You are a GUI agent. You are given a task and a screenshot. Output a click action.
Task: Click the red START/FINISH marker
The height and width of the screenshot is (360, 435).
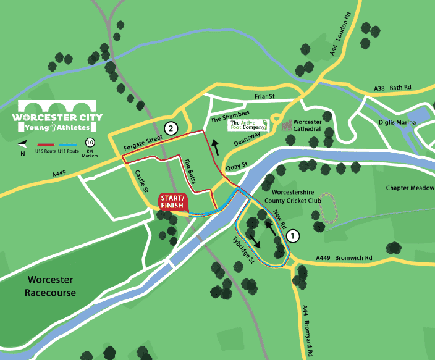click(174, 202)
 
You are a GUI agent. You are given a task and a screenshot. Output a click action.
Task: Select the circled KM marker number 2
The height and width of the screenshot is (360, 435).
click(171, 128)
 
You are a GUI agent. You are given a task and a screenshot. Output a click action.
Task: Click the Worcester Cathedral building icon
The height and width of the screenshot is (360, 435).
click(286, 125)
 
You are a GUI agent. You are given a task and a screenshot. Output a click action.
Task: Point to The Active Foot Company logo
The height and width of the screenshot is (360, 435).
click(249, 125)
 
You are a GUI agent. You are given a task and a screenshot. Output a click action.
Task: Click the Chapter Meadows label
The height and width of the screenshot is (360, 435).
click(410, 188)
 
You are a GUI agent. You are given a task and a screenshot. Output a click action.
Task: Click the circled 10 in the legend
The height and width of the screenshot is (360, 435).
click(90, 143)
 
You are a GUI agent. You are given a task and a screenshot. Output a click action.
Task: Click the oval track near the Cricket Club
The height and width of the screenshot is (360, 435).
click(327, 210)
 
